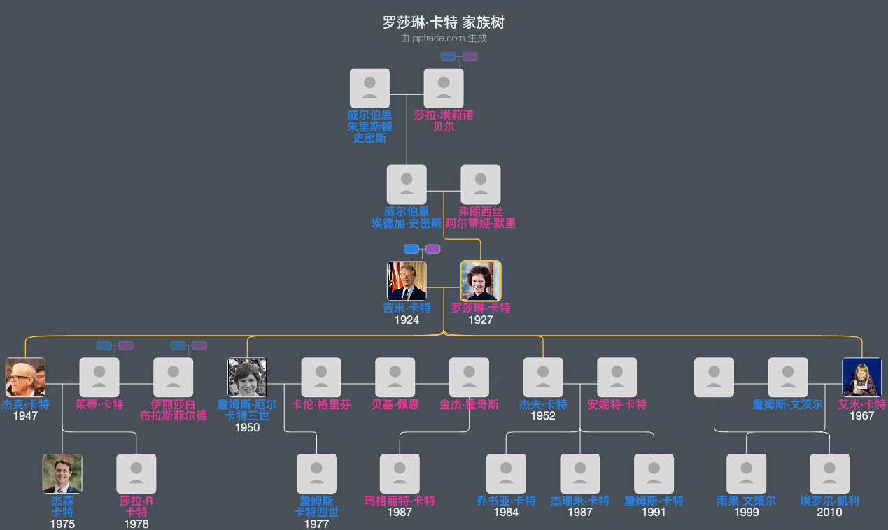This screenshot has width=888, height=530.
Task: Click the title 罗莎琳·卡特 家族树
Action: pos(443,22)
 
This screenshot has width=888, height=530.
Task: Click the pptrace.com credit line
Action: pos(443,38)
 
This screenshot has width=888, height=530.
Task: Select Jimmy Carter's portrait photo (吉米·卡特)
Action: pos(407,280)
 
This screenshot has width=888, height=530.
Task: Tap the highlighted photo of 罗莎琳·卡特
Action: pos(480,280)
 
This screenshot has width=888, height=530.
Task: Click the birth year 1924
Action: pos(407,320)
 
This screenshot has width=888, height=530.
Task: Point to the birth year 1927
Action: pos(480,320)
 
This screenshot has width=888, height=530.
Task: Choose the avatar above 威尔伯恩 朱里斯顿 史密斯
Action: pos(369,88)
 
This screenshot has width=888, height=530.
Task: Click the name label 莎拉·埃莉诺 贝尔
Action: pos(444,120)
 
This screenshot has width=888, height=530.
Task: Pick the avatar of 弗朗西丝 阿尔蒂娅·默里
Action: pos(480,185)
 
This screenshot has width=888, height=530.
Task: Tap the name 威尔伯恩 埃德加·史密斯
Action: pos(407,217)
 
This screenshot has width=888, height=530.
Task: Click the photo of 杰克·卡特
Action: pos(25,378)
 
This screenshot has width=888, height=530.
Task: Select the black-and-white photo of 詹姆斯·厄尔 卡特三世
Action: pos(247,378)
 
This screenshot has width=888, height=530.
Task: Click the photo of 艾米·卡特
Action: pos(861,378)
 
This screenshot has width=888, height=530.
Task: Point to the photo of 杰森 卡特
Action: pos(62,473)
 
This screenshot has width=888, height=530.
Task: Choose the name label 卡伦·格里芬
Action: pos(321,404)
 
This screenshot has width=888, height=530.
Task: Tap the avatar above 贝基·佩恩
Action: pos(395,378)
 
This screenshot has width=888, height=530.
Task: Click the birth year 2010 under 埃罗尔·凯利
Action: pos(829,512)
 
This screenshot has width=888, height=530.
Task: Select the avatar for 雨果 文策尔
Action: pos(746,473)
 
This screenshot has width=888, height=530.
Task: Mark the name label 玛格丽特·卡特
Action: pos(400,501)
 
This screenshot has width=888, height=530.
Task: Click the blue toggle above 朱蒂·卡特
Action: pos(104,345)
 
